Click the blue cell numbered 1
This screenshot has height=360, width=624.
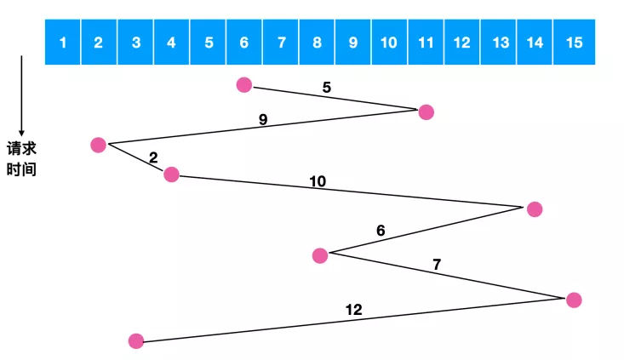(63, 42)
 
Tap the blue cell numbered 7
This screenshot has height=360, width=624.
(281, 42)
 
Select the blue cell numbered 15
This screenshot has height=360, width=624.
(575, 42)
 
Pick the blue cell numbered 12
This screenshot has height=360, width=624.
(462, 42)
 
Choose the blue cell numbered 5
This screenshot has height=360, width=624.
(208, 42)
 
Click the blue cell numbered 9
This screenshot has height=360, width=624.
(353, 42)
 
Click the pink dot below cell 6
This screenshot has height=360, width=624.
(244, 85)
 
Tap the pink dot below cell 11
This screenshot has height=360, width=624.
(426, 112)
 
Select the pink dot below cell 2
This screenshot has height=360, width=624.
(98, 145)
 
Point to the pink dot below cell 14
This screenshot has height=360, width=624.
(535, 209)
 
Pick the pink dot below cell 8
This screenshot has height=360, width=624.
(320, 256)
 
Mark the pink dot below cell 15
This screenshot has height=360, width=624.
(574, 300)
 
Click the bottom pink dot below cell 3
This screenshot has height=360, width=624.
(136, 341)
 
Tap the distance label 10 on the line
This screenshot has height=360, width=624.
(318, 181)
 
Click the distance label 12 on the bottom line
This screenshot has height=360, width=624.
(354, 310)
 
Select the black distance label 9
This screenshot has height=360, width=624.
(263, 119)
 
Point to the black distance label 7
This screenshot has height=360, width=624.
(437, 264)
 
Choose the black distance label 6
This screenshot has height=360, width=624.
(381, 231)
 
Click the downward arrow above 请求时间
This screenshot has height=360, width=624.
(21, 96)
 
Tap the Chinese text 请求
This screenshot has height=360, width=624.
(21, 149)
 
